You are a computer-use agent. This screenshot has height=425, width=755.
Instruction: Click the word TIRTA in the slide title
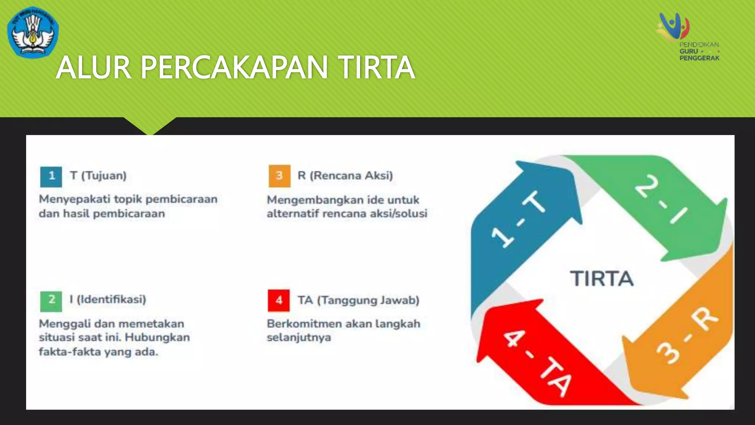tap(377, 68)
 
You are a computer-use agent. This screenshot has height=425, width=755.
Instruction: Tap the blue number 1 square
tap(51, 176)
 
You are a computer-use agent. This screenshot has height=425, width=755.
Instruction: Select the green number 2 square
tap(51, 300)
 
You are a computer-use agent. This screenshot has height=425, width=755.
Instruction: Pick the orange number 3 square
tap(279, 176)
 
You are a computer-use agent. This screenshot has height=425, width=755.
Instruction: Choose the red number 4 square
tap(279, 301)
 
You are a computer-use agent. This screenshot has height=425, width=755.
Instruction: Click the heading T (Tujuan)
tap(98, 176)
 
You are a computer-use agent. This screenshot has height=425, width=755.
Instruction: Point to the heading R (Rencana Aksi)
tap(345, 176)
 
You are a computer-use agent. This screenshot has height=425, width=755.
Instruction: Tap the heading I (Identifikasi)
tap(108, 299)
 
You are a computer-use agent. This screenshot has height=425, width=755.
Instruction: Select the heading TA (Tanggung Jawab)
tap(359, 300)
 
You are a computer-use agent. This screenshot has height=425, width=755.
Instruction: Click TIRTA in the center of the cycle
tap(602, 279)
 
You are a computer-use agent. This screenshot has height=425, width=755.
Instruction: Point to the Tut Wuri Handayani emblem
tap(33, 32)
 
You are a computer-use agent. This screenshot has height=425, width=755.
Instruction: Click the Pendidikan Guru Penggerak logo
tap(689, 37)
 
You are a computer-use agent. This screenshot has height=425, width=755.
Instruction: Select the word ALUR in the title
tap(94, 68)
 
